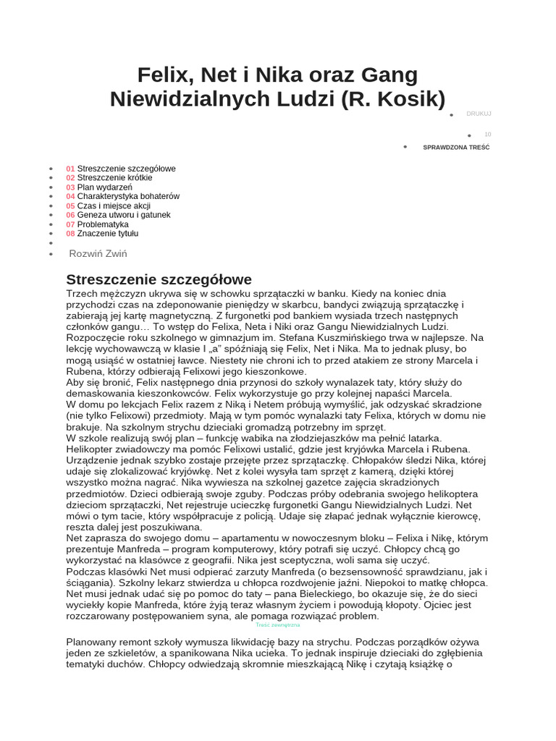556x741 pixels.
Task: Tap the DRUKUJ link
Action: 479,114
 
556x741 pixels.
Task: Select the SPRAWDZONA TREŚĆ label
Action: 456,147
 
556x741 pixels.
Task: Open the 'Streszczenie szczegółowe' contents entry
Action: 126,169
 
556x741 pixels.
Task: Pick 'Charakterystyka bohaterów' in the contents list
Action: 128,196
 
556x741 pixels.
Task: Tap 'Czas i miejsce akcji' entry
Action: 114,206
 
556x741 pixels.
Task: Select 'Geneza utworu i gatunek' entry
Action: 124,215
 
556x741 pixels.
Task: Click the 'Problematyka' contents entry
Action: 103,224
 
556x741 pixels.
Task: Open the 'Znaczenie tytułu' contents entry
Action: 108,234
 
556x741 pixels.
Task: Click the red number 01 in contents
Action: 70,169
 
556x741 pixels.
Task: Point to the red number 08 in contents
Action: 70,234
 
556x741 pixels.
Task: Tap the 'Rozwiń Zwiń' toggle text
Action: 98,253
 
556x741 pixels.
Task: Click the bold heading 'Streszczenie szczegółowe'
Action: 159,279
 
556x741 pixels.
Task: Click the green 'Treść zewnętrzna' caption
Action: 278,624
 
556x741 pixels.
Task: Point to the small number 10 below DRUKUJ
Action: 487,135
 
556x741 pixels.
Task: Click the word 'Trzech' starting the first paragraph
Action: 83,294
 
